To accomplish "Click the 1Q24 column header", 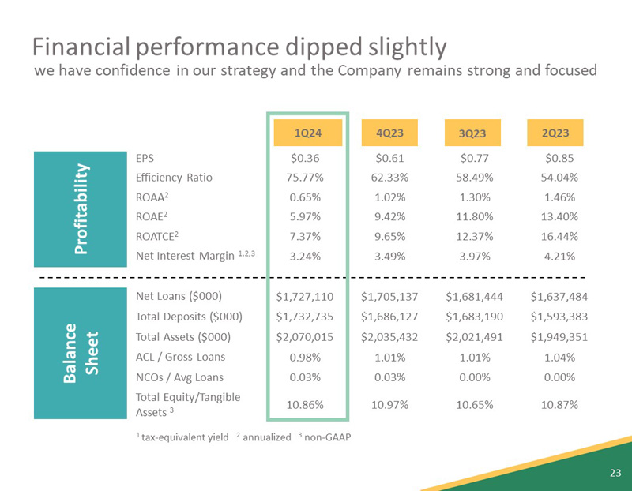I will click(x=308, y=133).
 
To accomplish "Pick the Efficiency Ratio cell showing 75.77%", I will click(x=308, y=177).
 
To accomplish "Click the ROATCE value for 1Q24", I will click(x=308, y=236).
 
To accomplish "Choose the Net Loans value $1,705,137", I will click(x=389, y=297).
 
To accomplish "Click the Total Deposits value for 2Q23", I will click(x=559, y=317).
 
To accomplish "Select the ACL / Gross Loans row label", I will click(x=180, y=357).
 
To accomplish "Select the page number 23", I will click(x=615, y=473).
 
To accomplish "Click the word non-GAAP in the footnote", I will click(x=328, y=438).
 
